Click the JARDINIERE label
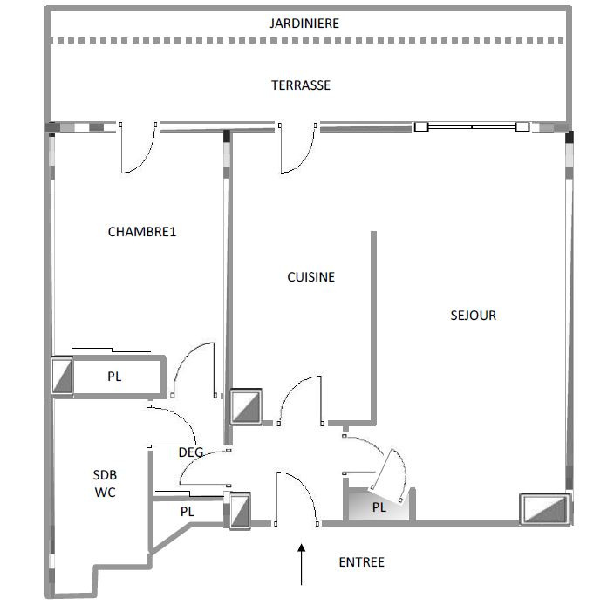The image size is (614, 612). pos(304,24)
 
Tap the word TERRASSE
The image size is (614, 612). pos(301,85)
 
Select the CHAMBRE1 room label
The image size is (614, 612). pos(142,232)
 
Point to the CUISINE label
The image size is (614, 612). pos(310,277)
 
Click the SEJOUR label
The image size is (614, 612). pos(473,316)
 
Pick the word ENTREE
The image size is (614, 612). pos(361,562)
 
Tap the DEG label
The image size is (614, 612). pos(191,452)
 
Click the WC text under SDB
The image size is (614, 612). pos(105,493)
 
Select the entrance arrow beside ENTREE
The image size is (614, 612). pos(301,564)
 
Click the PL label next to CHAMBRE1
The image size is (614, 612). pos(114,377)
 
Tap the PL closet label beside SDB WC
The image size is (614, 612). pos(188,512)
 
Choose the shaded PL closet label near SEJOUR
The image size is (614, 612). pos(379,507)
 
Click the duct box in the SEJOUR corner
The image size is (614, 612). pos(545,509)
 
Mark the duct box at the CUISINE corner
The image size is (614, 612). pos(246,406)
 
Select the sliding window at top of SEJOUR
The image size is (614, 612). pos(472,126)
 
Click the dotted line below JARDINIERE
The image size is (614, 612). pos(307,41)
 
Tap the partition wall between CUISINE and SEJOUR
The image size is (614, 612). pos(373,328)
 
